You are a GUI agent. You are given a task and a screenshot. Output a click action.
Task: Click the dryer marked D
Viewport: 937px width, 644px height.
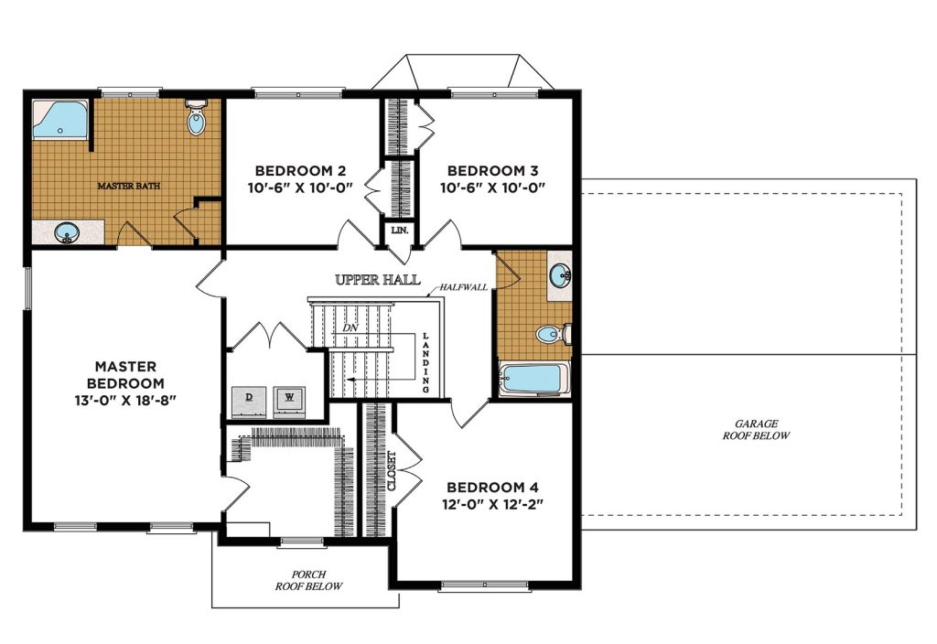point(249,402)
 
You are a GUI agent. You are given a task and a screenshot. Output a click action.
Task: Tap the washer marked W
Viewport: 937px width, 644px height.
point(290,402)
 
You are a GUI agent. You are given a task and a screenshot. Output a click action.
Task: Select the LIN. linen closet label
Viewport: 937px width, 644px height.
point(399,230)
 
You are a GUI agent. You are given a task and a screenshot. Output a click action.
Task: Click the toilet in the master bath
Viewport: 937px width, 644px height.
point(196,118)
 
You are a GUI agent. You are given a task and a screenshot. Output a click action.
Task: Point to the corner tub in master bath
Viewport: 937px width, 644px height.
point(59,120)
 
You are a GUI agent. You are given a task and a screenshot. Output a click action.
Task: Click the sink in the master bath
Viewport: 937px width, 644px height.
point(67,232)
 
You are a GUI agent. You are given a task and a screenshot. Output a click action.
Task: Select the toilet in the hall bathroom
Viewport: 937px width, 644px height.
point(554,334)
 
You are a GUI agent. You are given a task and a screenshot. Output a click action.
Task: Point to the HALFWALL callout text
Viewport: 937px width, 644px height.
point(464,287)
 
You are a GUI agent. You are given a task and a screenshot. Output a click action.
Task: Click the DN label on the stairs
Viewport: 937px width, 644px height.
point(350,328)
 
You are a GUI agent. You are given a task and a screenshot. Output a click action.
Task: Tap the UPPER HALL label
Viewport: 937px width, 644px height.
point(378,280)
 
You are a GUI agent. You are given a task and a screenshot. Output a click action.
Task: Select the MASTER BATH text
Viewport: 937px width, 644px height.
point(128,186)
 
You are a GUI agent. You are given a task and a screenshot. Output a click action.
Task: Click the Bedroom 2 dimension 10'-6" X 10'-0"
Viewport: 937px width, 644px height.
point(300,188)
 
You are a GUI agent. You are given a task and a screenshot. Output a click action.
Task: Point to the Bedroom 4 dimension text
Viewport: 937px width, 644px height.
point(492,505)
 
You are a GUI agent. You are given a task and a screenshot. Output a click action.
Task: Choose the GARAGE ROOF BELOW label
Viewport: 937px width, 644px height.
point(756,430)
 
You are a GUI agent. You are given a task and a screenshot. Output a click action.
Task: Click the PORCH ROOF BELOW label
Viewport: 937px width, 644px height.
point(309,581)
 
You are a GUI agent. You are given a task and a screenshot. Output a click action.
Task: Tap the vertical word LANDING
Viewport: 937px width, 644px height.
point(426,362)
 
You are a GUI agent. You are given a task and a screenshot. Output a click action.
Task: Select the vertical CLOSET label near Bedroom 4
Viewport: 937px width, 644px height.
point(392,471)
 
